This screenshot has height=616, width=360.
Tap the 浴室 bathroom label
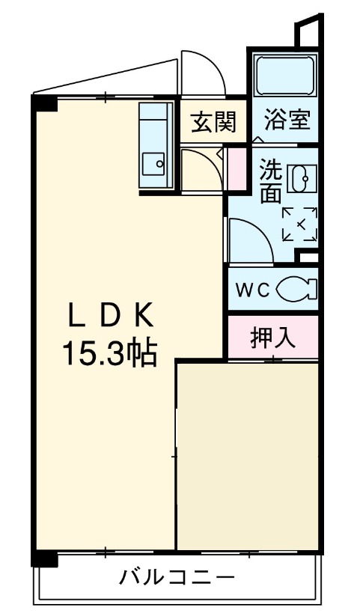[285, 120]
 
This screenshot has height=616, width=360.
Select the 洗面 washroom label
[270, 183]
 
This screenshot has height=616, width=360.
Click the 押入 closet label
[272, 338]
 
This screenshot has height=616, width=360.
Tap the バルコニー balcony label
[178, 579]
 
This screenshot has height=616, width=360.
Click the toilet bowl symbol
[297, 289]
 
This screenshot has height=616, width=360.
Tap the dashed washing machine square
[299, 224]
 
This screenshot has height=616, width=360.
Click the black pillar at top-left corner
[45, 103]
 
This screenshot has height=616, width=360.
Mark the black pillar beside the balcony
[44, 558]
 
